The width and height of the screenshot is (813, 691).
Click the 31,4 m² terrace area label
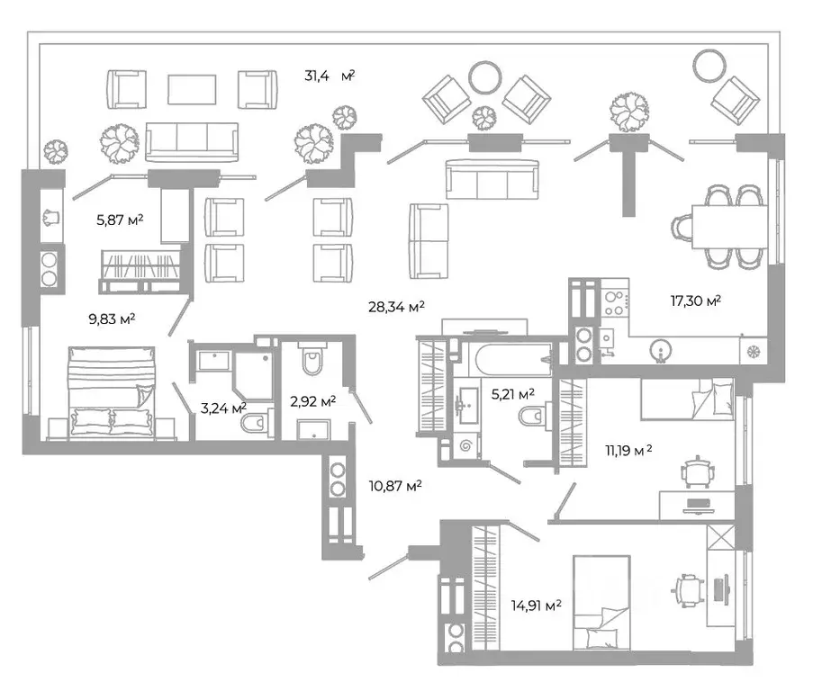[x=330, y=76]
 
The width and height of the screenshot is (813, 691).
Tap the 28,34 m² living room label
[x=396, y=307]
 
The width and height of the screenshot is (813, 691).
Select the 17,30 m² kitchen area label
[x=696, y=301]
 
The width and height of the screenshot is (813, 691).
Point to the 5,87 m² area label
[x=120, y=220]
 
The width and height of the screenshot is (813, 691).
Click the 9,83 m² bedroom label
[x=112, y=319]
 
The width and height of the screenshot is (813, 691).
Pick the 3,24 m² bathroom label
[x=223, y=408]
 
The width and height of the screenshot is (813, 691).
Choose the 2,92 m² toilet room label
[x=313, y=401]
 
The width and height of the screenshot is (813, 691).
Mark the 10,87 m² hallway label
[x=394, y=486]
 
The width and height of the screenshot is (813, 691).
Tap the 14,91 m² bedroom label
[x=536, y=605]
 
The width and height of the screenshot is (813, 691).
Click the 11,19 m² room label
[x=628, y=450]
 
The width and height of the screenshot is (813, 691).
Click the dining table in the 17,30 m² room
[x=730, y=227]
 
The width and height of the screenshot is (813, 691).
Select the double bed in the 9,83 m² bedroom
[x=112, y=392]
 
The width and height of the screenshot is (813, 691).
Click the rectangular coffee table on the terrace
[x=192, y=89]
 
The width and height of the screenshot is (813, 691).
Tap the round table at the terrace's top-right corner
[x=709, y=66]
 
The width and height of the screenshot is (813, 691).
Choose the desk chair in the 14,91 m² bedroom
[x=688, y=590]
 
